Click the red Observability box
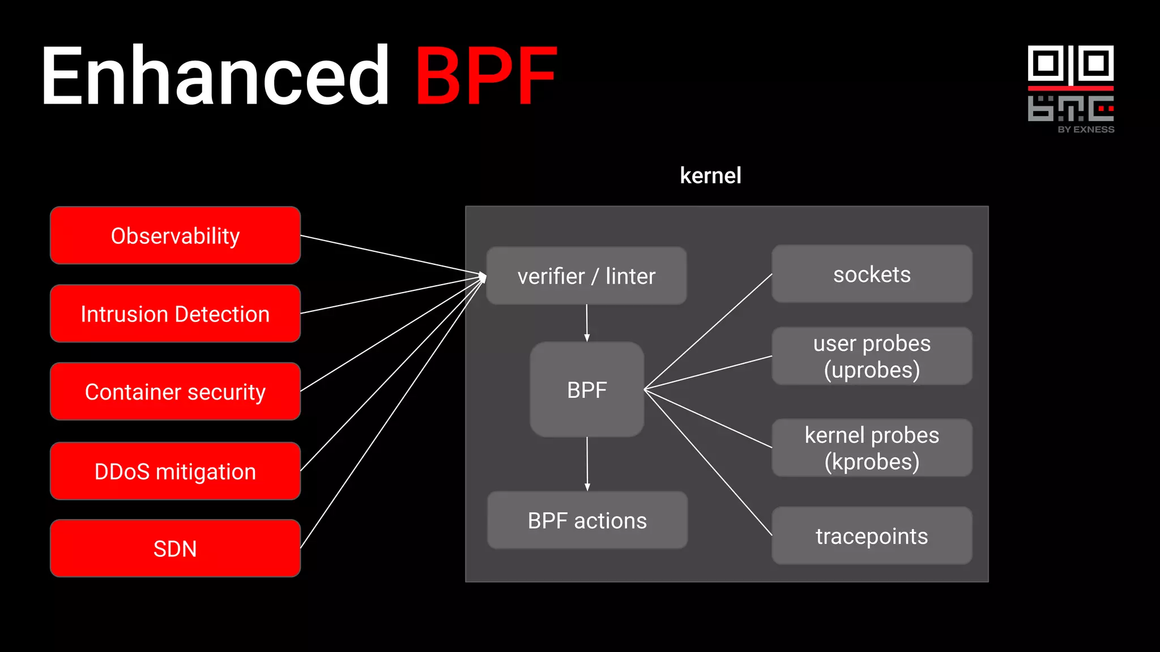pos(175,235)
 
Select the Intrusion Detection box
pos(175,314)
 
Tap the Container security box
pos(175,392)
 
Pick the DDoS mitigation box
pos(175,471)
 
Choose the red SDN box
pos(175,548)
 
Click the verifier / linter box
pos(586,276)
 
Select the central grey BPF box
pos(587,389)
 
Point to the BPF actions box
pos(587,520)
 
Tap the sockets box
pos(872,274)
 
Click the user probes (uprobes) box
pos(872,357)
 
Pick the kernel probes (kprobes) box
pos(872,448)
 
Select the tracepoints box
pos(872,535)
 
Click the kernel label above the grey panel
pos(710,175)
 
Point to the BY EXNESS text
pos(1086,130)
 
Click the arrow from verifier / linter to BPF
pos(587,323)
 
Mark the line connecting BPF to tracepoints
pos(708,462)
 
